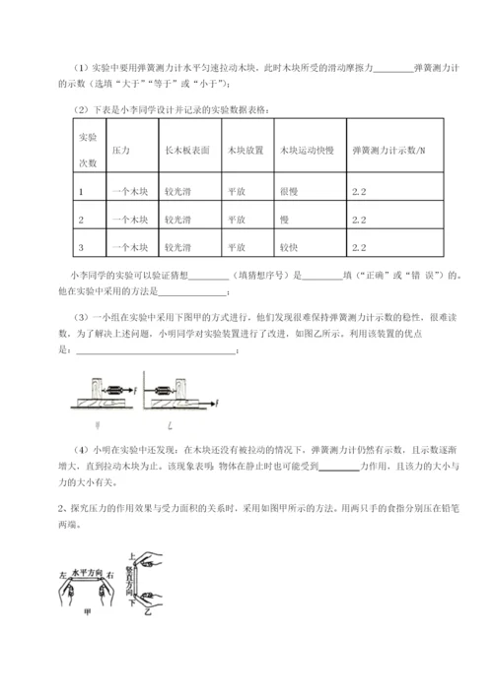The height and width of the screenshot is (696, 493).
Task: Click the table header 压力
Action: click(x=123, y=150)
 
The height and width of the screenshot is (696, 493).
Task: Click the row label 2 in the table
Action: click(x=80, y=218)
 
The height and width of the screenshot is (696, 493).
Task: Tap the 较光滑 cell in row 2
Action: click(x=178, y=218)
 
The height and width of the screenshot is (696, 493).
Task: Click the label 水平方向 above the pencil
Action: click(x=87, y=573)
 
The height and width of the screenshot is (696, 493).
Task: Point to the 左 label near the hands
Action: click(x=61, y=577)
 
